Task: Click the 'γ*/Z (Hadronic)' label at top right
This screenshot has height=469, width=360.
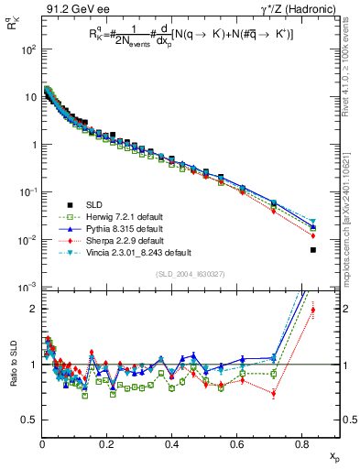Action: point(297,9)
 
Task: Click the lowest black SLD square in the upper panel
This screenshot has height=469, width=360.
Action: point(313,250)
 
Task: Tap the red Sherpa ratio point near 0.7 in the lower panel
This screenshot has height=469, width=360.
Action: point(274,394)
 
